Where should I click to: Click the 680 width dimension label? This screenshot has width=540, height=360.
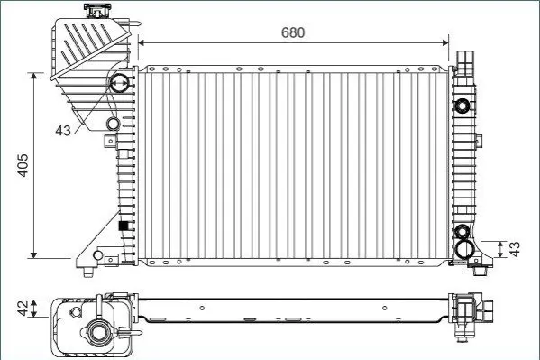293,32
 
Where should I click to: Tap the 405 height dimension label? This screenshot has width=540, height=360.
23,165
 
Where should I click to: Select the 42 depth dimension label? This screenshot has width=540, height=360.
23,309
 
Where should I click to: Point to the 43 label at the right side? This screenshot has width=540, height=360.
515,249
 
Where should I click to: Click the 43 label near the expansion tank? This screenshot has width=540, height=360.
63,130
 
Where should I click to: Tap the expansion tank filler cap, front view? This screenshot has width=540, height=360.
97,11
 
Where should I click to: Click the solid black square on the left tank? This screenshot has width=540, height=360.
123,226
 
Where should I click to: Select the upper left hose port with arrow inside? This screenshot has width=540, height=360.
120,83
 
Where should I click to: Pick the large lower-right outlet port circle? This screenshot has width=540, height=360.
464,249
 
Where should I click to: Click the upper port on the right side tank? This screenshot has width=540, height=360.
462,106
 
